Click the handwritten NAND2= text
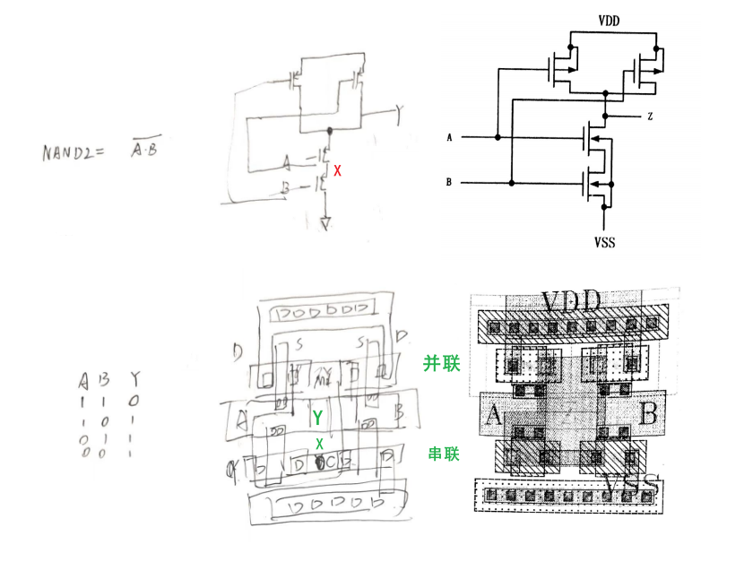click(x=74, y=151)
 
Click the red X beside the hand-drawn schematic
click(x=337, y=169)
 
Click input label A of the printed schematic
click(x=450, y=137)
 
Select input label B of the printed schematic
click(x=450, y=183)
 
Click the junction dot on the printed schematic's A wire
click(x=496, y=137)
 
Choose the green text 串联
click(x=442, y=454)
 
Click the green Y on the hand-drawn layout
click(x=316, y=418)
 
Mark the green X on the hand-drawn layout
click(x=319, y=444)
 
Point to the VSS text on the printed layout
click(x=632, y=485)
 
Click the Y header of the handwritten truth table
click(x=134, y=377)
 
